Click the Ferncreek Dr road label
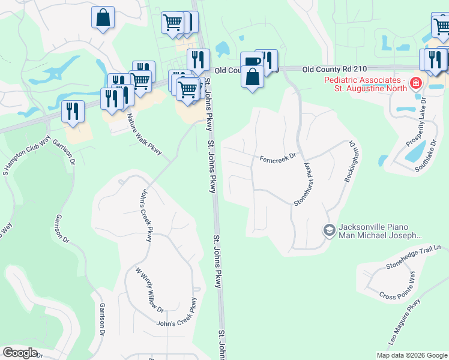pyautogui.click(x=278, y=158)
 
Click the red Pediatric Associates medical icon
pyautogui.click(x=415, y=85)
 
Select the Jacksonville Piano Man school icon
pyautogui.click(x=329, y=230)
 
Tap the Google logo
pyautogui.click(x=20, y=353)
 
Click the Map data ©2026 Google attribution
pyautogui.click(x=411, y=355)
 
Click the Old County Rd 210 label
pyautogui.click(x=342, y=70)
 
